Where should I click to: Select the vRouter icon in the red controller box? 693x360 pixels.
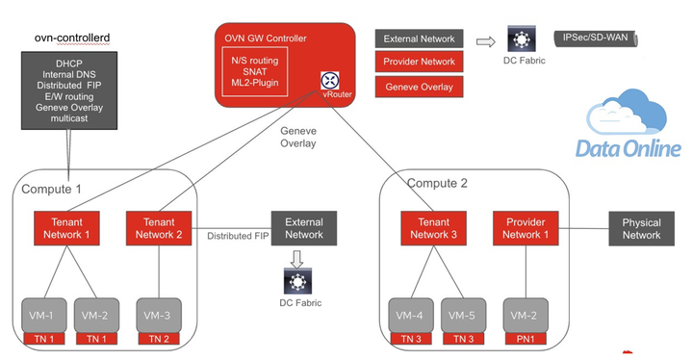pos(329,81)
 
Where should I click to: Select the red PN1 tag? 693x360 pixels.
pos(526,339)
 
